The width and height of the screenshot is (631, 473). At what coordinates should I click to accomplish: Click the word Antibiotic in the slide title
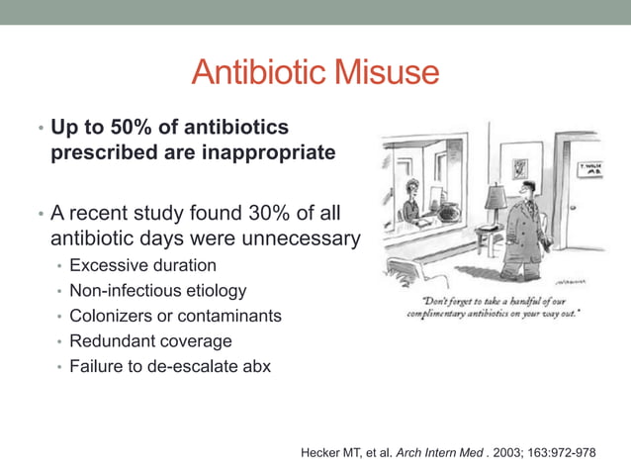(x=257, y=72)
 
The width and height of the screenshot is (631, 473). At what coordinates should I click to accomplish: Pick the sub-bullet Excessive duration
(x=142, y=265)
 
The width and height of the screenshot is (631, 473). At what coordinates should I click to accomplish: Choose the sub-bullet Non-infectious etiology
(x=158, y=291)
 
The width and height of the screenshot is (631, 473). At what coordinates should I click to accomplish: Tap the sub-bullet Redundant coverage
(x=150, y=341)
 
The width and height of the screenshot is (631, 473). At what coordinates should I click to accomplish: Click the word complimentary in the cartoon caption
(x=442, y=315)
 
